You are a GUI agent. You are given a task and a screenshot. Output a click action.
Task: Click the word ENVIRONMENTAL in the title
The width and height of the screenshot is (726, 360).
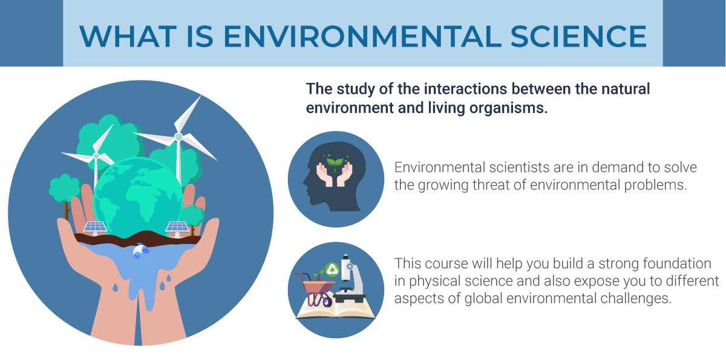coord(362,36)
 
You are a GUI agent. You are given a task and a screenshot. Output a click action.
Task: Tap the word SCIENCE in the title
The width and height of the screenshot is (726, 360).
coord(579,36)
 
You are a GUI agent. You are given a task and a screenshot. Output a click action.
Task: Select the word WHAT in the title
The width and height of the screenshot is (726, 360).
coord(128,36)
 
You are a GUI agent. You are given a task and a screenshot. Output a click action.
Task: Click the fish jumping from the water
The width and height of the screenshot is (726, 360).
coord(140,250)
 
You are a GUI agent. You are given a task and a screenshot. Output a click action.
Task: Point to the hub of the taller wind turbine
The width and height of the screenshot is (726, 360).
coord(178,137)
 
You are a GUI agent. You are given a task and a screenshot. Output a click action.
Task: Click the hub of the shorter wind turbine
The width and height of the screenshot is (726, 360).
coord(96,156)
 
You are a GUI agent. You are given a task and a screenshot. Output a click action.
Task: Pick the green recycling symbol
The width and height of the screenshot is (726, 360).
coord(332,270)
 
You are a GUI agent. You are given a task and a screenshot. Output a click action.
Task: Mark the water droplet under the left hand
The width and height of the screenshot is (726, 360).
coord(116,287)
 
